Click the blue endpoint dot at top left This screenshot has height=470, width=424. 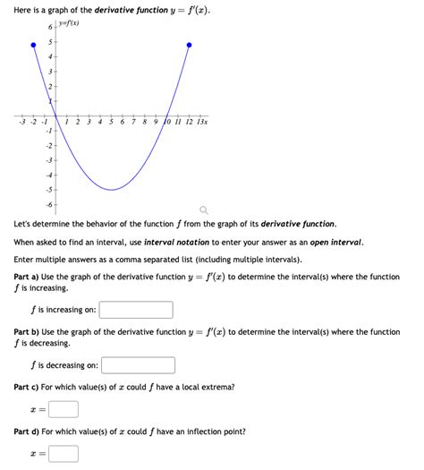[x=34, y=44]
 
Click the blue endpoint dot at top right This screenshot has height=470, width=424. [x=189, y=44]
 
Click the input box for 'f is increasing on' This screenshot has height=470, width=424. [x=136, y=310]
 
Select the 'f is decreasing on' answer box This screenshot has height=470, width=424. [x=139, y=365]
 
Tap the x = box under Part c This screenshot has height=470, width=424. [x=64, y=409]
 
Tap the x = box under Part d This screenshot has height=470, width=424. [x=64, y=453]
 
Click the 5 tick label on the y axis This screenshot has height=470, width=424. [x=50, y=43]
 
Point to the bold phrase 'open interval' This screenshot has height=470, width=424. [x=332, y=243]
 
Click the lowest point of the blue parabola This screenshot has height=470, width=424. [x=111, y=190]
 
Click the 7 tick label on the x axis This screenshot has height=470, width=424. [x=134, y=122]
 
